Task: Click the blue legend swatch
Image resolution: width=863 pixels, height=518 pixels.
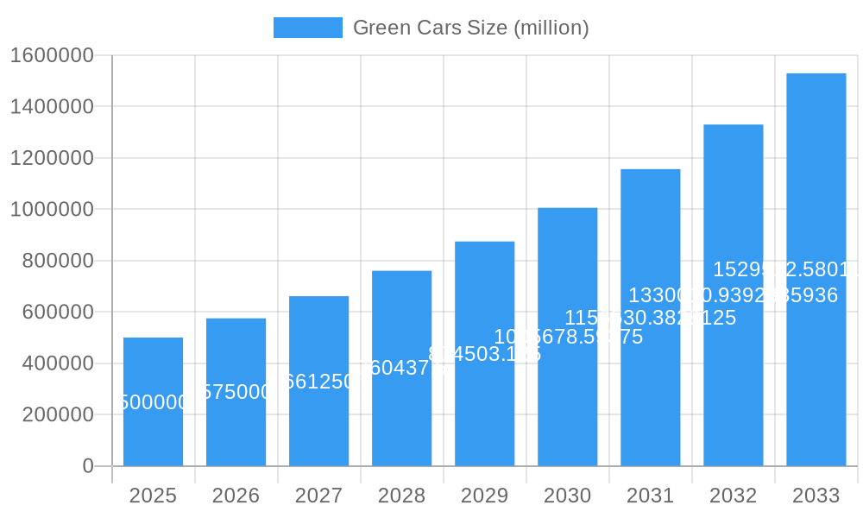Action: click(307, 28)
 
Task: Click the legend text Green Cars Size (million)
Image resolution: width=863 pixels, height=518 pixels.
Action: click(470, 28)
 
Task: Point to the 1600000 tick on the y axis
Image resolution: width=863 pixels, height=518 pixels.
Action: click(52, 55)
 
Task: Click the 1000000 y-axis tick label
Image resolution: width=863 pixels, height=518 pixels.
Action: click(52, 210)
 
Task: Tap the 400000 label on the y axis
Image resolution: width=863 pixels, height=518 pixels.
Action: click(57, 363)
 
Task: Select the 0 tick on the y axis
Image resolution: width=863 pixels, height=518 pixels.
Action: click(88, 466)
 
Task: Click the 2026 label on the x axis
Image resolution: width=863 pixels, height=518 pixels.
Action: click(236, 496)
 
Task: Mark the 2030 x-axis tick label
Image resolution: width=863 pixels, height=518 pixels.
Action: click(567, 496)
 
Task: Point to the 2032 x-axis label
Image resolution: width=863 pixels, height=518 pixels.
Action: click(733, 496)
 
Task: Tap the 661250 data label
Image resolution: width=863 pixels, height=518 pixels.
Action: click(318, 382)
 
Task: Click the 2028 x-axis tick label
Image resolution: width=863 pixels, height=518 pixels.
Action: click(401, 496)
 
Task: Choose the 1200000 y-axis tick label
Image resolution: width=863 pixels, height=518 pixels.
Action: click(52, 158)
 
